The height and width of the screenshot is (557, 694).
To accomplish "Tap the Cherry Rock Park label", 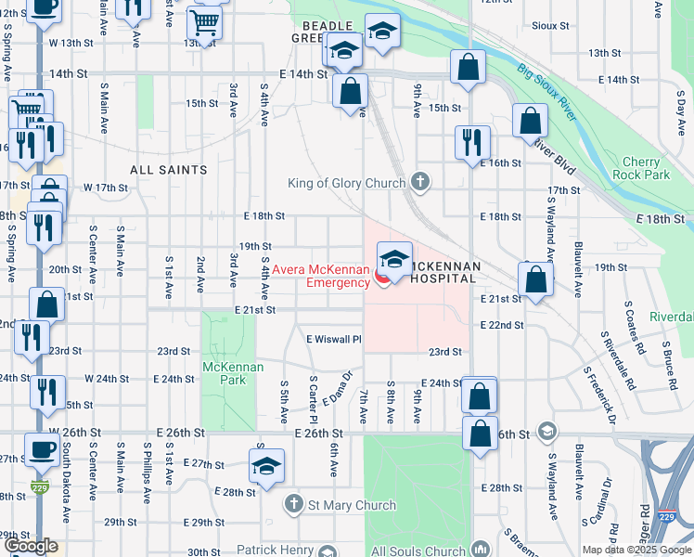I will click(x=642, y=168).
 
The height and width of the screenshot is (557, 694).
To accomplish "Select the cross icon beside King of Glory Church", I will click(x=420, y=182).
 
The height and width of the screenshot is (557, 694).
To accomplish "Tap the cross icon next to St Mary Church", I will click(x=293, y=505).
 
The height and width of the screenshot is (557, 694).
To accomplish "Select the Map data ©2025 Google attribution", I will click(x=636, y=550).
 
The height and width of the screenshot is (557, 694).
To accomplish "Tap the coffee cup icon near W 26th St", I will click(x=42, y=449).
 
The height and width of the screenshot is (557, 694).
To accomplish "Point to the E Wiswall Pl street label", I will click(x=334, y=340).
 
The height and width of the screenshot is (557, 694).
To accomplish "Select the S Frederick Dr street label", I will click(x=600, y=395).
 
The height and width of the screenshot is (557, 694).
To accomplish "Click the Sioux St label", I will click(x=550, y=25).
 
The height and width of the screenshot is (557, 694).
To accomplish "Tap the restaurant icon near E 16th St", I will click(x=472, y=141).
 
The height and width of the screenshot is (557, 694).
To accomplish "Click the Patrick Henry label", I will click(x=274, y=551).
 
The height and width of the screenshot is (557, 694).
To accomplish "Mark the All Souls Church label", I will click(x=421, y=551).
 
